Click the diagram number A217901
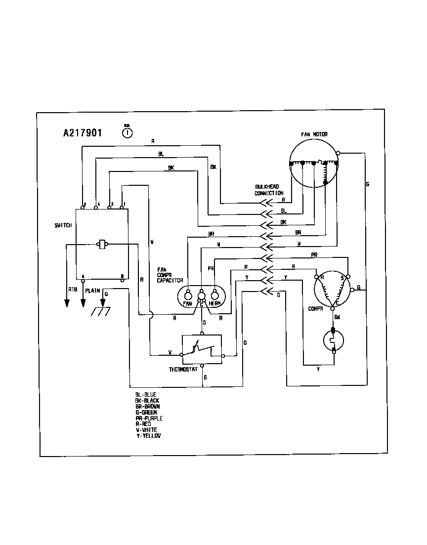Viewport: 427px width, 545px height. (x=83, y=133)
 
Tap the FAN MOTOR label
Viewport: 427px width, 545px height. (x=314, y=134)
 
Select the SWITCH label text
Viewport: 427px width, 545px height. (x=63, y=225)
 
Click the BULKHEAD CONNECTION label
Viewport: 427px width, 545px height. (x=269, y=190)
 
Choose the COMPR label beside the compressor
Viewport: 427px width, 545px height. (x=315, y=309)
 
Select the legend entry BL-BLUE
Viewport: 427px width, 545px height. (x=146, y=394)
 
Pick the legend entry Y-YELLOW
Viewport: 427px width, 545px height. (x=148, y=436)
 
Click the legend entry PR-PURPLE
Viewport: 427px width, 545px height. (x=149, y=418)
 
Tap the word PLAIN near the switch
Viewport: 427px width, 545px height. (x=93, y=291)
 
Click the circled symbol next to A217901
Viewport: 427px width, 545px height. (x=127, y=132)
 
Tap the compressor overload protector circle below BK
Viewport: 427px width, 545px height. (x=333, y=340)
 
